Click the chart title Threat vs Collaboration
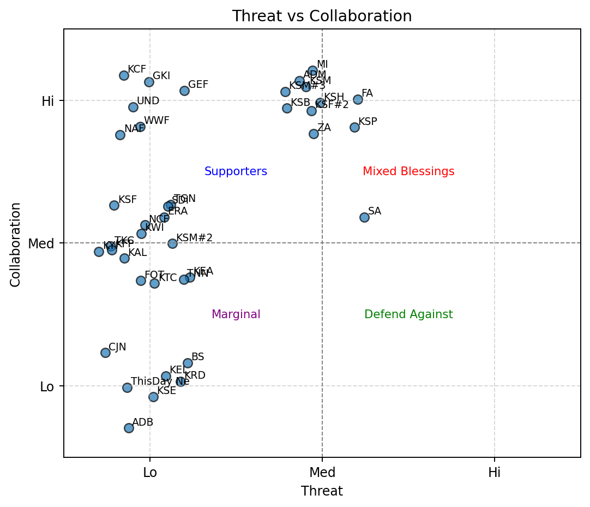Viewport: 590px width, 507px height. (322, 16)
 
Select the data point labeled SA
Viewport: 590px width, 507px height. (364, 217)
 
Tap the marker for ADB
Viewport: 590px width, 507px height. (129, 428)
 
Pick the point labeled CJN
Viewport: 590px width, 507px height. (105, 353)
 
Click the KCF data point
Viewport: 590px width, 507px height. (124, 75)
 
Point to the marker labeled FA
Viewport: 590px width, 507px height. (358, 99)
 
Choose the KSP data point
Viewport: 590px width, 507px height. (354, 127)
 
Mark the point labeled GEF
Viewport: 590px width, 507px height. (184, 91)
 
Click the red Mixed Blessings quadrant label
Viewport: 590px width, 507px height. (408, 171)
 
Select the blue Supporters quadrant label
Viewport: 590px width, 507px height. (236, 171)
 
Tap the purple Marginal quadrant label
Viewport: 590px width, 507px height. (236, 314)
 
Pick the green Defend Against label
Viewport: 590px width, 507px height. (408, 314)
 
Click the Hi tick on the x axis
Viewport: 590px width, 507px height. (494, 473)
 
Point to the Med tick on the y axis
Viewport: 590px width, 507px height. (41, 243)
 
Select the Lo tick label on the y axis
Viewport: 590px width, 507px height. (47, 387)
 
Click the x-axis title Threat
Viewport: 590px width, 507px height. (322, 491)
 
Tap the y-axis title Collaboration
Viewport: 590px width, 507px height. (16, 244)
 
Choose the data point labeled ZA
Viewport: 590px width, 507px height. (314, 134)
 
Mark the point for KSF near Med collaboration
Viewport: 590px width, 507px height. (114, 205)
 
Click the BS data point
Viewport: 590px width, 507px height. (188, 363)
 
